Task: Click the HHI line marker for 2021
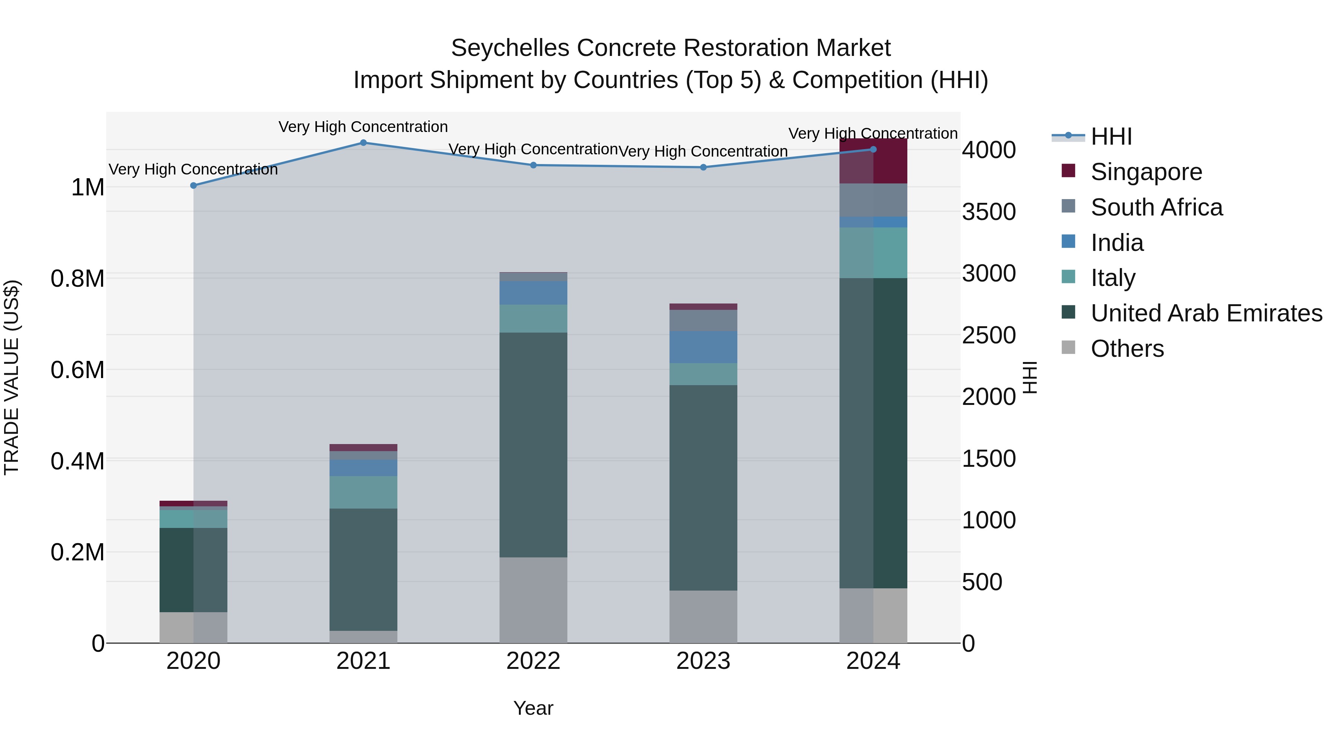pos(363,143)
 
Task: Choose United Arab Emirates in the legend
pos(1206,313)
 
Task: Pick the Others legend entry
pos(1127,349)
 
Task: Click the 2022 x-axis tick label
pos(533,661)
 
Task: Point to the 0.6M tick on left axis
pos(77,370)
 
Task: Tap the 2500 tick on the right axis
pos(988,335)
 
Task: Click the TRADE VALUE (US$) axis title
pos(12,377)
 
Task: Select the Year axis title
pos(533,708)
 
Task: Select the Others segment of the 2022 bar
pos(533,600)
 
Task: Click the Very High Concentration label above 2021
pos(363,127)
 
